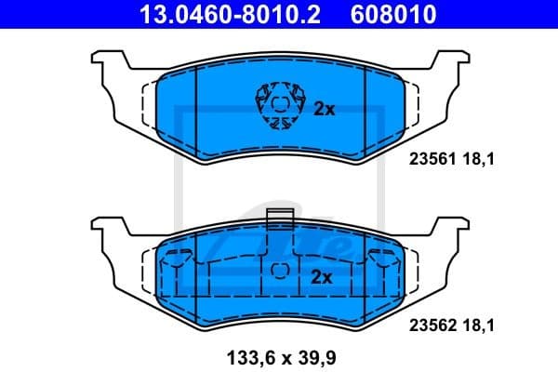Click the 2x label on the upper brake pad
[323, 109]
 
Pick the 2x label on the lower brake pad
[321, 276]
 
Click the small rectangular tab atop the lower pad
[279, 219]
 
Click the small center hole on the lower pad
[279, 270]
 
